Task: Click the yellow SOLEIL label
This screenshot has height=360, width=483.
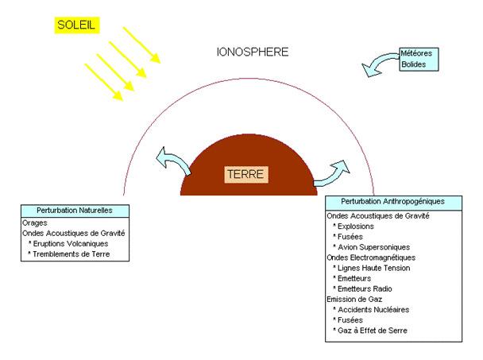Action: (x=76, y=25)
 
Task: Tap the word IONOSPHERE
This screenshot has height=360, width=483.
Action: (x=253, y=52)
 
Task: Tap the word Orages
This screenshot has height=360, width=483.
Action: (x=37, y=223)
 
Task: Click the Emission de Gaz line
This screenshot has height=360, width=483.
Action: (x=354, y=299)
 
